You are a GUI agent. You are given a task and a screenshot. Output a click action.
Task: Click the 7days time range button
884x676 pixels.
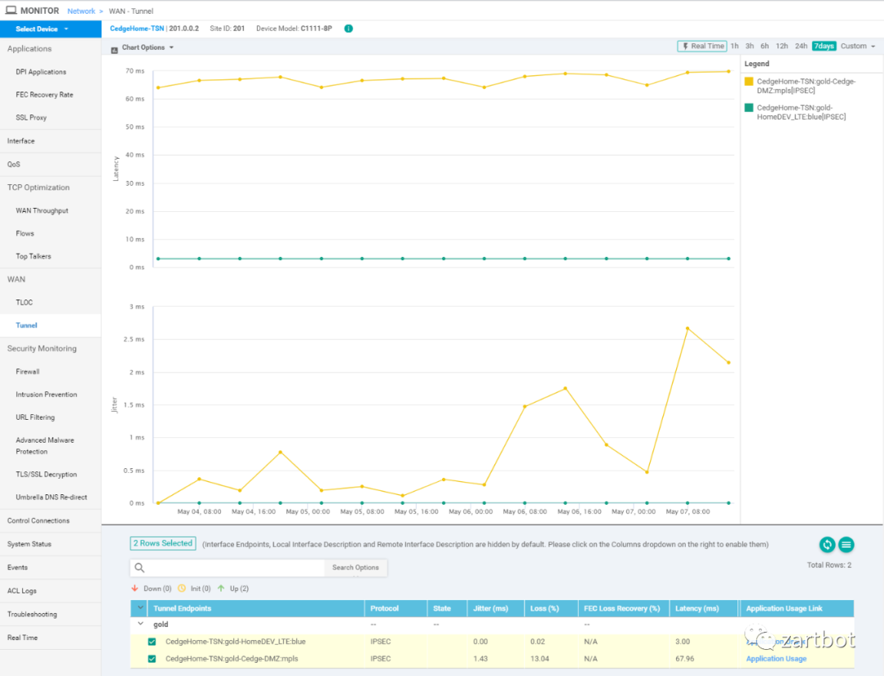(x=823, y=47)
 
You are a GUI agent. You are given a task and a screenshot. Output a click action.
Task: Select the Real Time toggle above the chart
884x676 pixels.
(x=702, y=47)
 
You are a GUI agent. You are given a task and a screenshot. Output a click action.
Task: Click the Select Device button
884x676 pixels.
(x=41, y=29)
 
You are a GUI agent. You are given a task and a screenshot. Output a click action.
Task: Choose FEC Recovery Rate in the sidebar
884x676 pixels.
(x=44, y=95)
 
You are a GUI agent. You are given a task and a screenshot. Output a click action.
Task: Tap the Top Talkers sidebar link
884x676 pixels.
(x=34, y=256)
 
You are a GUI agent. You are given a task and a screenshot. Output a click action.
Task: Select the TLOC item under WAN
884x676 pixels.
(x=25, y=303)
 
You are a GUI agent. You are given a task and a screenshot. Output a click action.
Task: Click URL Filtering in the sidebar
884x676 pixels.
(x=35, y=417)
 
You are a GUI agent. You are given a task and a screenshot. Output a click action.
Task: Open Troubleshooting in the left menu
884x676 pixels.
(x=32, y=614)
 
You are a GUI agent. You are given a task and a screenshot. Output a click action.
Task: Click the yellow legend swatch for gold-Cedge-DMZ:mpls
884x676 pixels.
(x=748, y=82)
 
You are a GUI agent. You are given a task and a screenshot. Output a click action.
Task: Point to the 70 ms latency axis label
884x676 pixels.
(x=135, y=71)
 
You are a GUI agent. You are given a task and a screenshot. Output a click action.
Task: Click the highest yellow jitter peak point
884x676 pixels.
(x=688, y=328)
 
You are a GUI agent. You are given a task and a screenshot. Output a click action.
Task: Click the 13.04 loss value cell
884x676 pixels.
(x=539, y=659)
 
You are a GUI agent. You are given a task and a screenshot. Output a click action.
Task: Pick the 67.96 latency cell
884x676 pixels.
(x=683, y=659)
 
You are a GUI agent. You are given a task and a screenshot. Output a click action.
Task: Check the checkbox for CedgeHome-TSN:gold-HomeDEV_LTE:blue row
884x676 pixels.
(x=152, y=642)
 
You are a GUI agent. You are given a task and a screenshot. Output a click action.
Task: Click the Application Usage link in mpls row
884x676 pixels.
(x=776, y=659)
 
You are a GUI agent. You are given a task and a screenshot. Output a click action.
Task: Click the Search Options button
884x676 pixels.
(x=355, y=568)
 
